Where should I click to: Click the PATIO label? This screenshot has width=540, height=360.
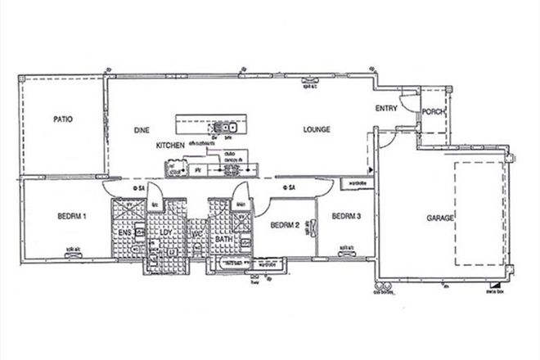point(63,119)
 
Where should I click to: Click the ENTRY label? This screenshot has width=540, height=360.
point(386,108)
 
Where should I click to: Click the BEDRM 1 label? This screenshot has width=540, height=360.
point(73,217)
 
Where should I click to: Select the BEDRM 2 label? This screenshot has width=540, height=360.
point(283,225)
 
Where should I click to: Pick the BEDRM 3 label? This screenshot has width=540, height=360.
point(346,217)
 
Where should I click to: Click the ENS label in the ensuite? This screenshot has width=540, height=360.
point(126,233)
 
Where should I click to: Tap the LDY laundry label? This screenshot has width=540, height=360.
point(164,233)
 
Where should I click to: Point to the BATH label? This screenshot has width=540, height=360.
point(224,239)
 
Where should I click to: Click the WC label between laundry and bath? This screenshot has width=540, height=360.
point(196,235)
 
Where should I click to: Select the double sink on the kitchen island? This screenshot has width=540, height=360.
point(226,127)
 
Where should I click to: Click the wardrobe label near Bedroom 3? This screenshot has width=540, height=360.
point(357,183)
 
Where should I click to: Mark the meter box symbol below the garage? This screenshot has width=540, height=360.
point(493,287)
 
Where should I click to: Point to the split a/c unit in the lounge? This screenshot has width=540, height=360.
point(310,81)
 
